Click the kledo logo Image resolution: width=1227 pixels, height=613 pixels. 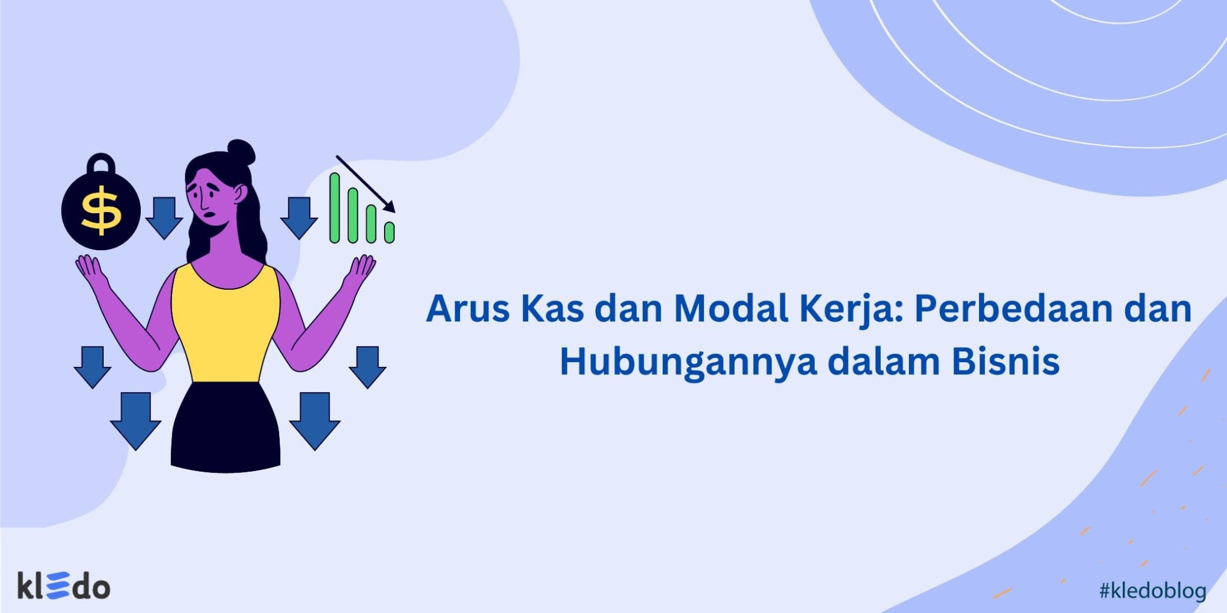click(x=64, y=586)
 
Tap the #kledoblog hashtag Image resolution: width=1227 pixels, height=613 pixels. click(x=1152, y=591)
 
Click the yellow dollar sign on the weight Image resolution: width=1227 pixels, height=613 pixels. click(x=101, y=210)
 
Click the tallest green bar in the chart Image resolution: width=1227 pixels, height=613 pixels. click(x=334, y=208)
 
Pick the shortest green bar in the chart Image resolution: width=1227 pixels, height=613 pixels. click(x=389, y=232)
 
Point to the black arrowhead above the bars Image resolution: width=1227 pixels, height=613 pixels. click(x=389, y=207)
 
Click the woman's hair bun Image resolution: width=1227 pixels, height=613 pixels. click(x=241, y=152)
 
